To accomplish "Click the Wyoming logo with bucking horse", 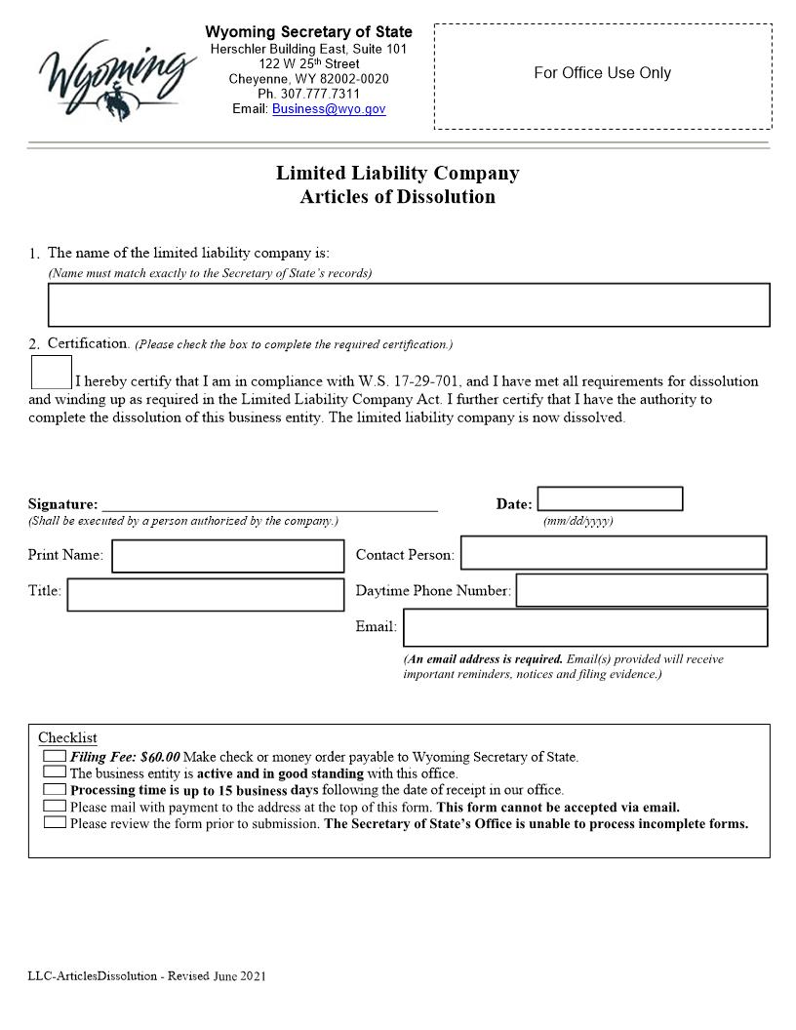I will coord(115,75).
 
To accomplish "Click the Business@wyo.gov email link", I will coord(329,109).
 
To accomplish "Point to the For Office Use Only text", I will coord(602,73).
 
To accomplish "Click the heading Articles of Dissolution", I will coord(397,197).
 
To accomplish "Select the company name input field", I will coord(409,304).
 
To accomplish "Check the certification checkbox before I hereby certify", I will coord(51,373).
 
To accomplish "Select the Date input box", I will coord(610,499).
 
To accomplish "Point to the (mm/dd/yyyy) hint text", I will coord(577,521).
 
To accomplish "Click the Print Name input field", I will coord(228,556).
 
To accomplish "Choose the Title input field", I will coord(205,594).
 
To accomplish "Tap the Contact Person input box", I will coord(613,552).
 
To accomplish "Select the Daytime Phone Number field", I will coord(641,590).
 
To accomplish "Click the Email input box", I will coord(584,627).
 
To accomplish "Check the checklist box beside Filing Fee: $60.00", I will coord(55,756).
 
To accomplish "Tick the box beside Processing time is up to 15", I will coord(55,789).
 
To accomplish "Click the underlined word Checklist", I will coord(67,738).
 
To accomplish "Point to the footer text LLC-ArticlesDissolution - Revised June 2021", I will coord(147,975).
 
